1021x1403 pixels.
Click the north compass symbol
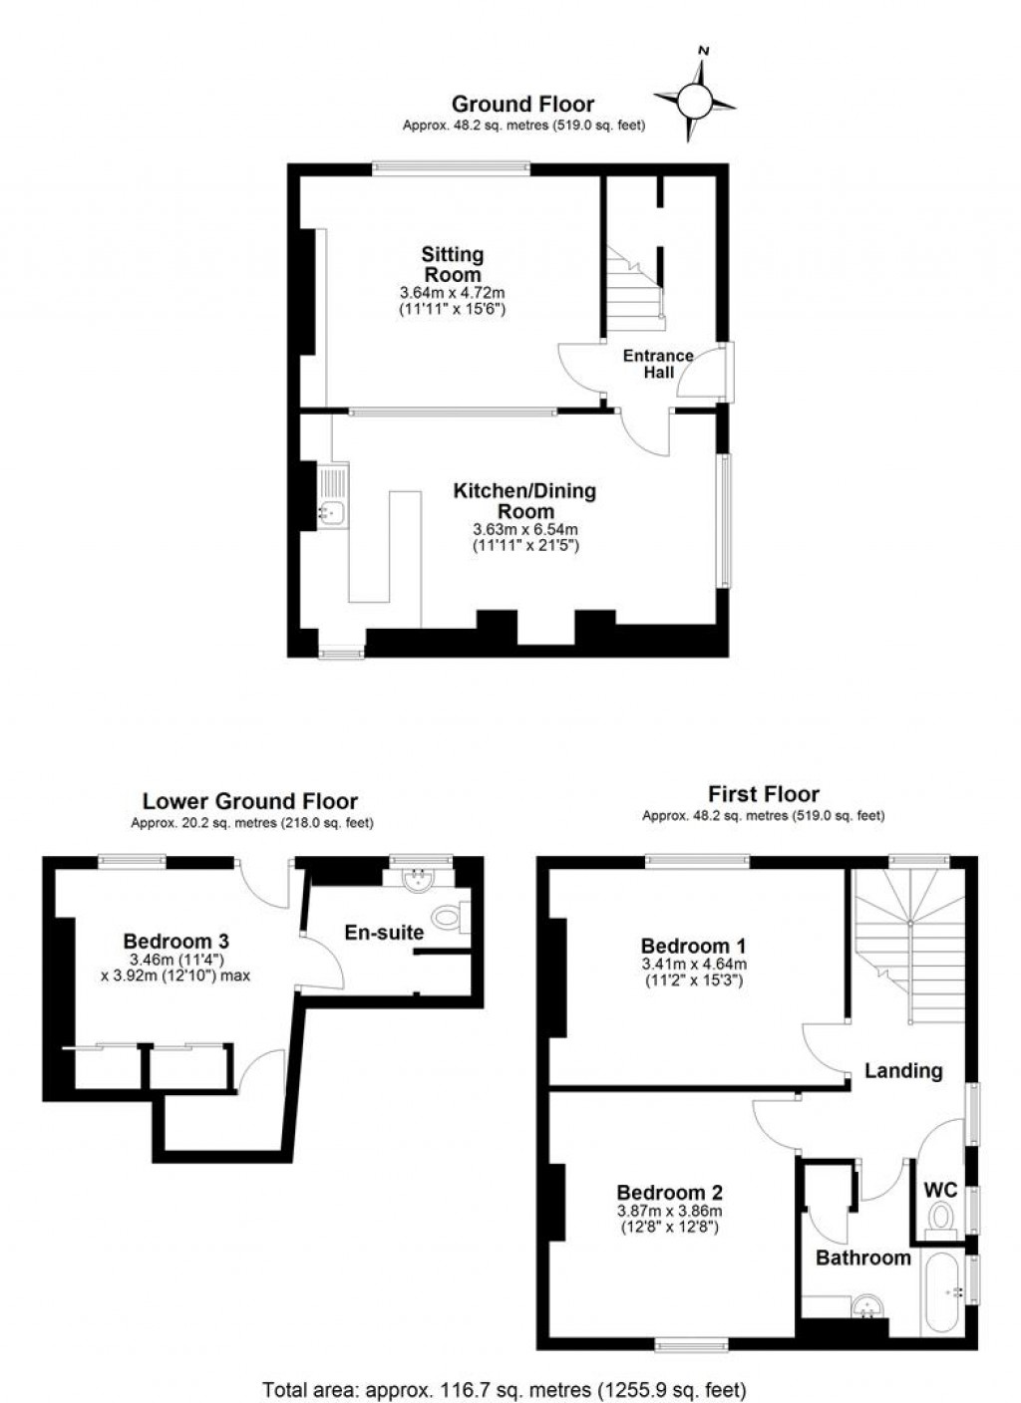[695, 99]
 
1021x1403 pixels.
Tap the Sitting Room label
[452, 265]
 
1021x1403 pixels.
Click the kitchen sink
[333, 512]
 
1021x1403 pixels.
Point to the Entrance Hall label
[658, 364]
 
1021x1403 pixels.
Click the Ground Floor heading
[522, 104]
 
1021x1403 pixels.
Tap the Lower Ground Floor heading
[249, 801]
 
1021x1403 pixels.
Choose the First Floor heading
[764, 794]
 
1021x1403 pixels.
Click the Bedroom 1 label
[693, 946]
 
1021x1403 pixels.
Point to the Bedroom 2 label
[669, 1193]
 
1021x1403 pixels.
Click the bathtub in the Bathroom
[942, 1292]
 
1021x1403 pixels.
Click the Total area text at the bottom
[504, 1388]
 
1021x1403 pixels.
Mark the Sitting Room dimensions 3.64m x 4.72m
[452, 293]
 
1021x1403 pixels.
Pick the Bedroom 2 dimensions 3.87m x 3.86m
[669, 1211]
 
